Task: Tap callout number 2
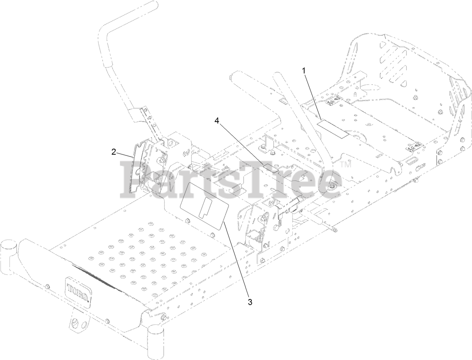pos(113,152)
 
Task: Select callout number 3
pos(250,301)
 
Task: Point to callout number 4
pos(217,121)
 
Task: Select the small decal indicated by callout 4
pos(270,167)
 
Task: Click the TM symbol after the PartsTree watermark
pos(346,164)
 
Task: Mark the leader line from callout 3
pos(236,259)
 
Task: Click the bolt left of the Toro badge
pos(48,287)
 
